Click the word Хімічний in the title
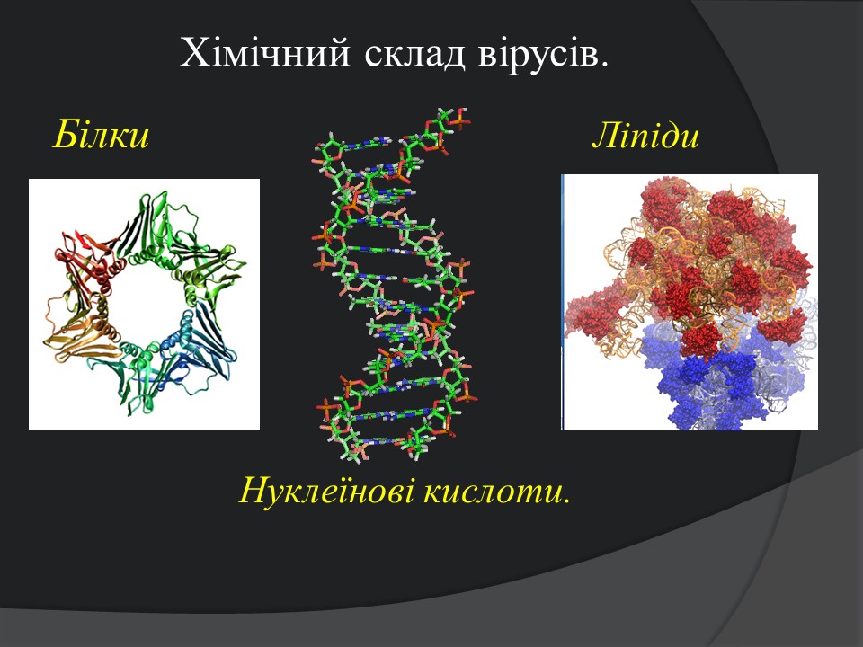click(x=264, y=54)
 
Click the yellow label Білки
click(x=101, y=134)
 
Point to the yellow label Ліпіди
click(x=645, y=136)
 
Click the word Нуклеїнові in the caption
click(x=327, y=490)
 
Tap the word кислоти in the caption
click(x=494, y=491)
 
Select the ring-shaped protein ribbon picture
click(x=144, y=305)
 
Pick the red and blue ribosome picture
click(x=690, y=302)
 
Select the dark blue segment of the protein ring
click(x=204, y=341)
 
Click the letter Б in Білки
click(x=66, y=134)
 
